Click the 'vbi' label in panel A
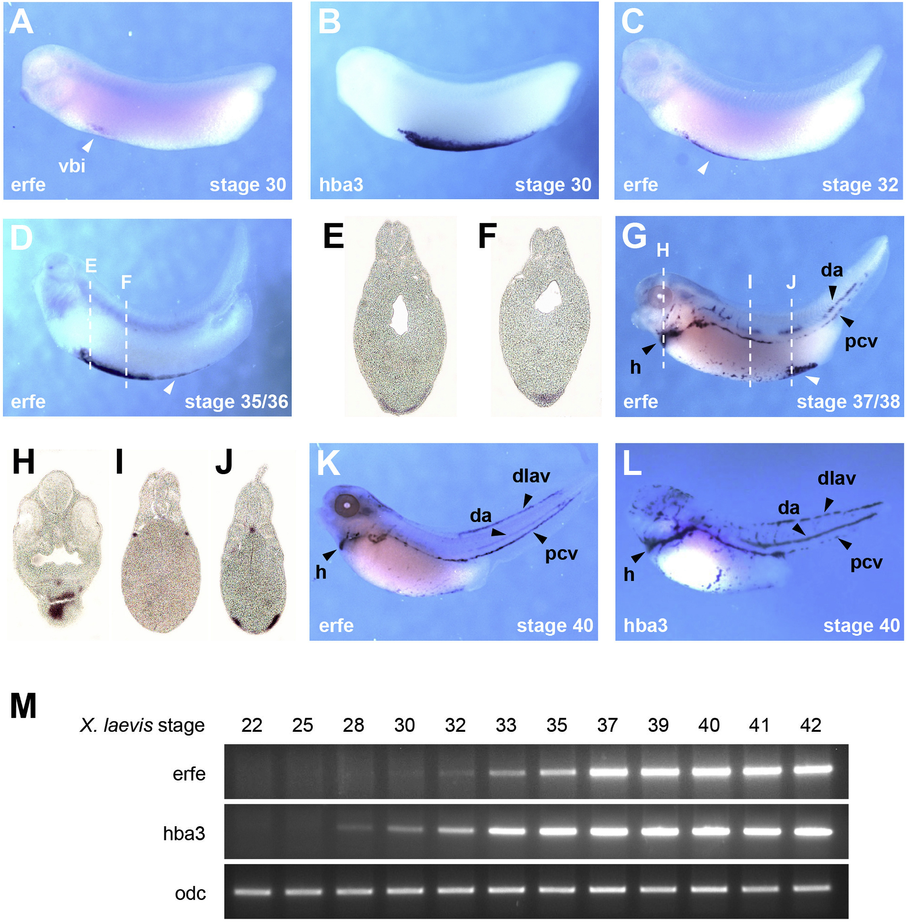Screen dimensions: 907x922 click(x=72, y=166)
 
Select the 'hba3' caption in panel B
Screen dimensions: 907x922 click(x=341, y=185)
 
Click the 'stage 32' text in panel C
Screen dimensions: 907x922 click(x=860, y=185)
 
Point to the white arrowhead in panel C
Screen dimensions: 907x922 click(x=703, y=168)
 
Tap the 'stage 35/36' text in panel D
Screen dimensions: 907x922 click(x=236, y=402)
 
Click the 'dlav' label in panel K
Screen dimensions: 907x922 click(x=531, y=476)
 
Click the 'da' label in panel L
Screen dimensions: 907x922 click(x=789, y=508)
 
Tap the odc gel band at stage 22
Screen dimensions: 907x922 click(x=252, y=891)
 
